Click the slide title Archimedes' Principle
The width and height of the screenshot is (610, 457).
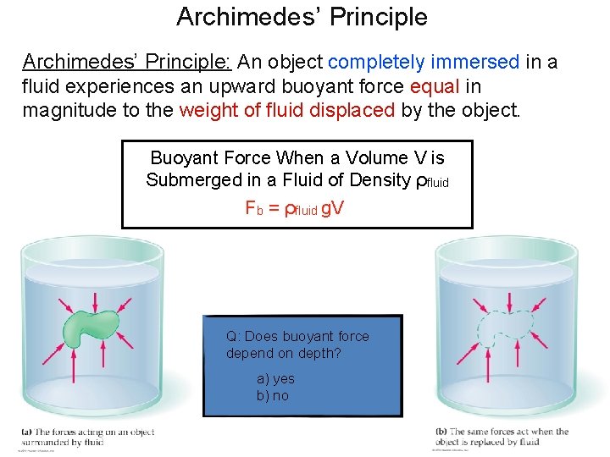click(x=302, y=17)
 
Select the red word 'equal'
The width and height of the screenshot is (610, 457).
click(x=433, y=86)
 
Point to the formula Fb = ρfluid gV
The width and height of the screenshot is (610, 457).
click(x=294, y=208)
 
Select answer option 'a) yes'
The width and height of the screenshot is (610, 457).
click(x=275, y=379)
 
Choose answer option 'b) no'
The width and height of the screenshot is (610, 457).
click(x=273, y=395)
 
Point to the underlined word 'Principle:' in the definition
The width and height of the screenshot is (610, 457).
click(x=191, y=62)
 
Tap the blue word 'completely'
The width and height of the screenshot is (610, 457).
click(x=376, y=62)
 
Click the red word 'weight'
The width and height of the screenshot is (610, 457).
click(x=206, y=110)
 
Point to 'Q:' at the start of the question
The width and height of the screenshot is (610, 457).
click(x=234, y=336)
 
